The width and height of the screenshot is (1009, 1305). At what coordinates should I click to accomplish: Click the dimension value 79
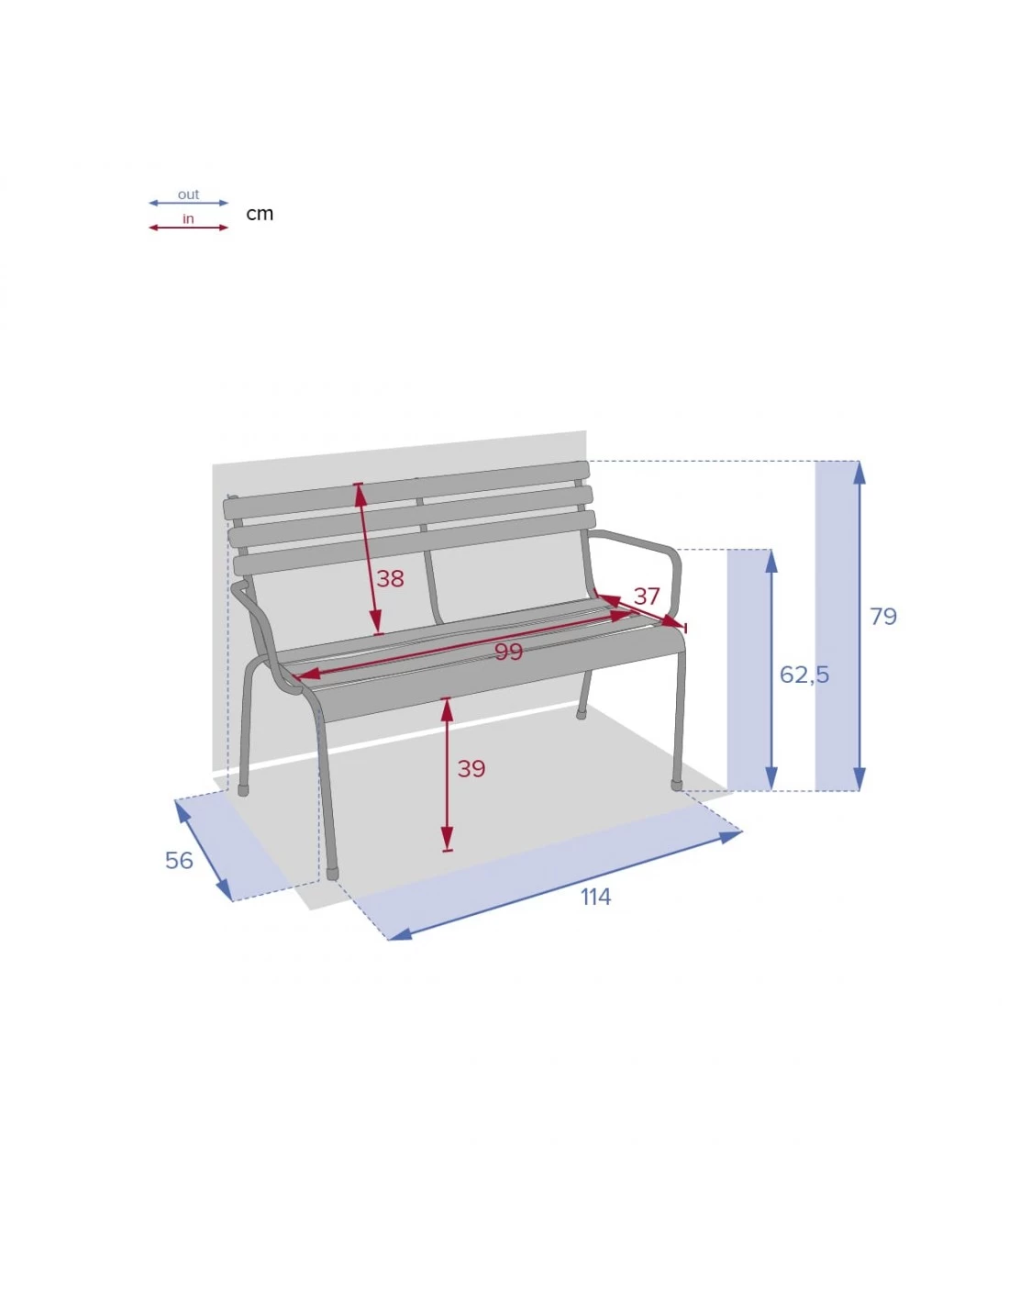(x=882, y=616)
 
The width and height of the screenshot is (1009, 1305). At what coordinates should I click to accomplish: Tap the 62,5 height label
(x=804, y=675)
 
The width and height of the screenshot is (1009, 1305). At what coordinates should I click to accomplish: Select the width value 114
(x=595, y=897)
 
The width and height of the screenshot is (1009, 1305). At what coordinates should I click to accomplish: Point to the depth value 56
(x=179, y=860)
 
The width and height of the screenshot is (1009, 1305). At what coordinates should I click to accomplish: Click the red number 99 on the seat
(x=508, y=652)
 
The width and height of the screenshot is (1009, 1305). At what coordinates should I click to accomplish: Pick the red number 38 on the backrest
(x=390, y=578)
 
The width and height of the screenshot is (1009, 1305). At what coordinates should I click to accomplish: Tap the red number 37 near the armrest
(x=647, y=596)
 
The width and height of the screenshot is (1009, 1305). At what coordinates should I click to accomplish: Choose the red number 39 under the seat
(x=471, y=768)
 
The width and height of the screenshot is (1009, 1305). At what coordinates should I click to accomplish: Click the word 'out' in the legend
(x=188, y=195)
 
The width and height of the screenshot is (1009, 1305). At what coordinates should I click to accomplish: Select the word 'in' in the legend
(x=188, y=218)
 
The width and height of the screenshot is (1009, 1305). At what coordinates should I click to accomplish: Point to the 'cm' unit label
(x=260, y=214)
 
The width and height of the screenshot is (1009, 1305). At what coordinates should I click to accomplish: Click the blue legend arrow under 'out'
(x=188, y=203)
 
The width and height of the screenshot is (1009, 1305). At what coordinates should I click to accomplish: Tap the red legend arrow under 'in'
(x=188, y=228)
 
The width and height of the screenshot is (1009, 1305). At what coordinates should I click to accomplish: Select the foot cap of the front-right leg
(x=676, y=785)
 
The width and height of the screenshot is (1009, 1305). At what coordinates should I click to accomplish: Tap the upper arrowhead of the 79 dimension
(x=859, y=472)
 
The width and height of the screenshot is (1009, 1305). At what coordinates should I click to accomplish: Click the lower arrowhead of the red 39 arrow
(x=447, y=839)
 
